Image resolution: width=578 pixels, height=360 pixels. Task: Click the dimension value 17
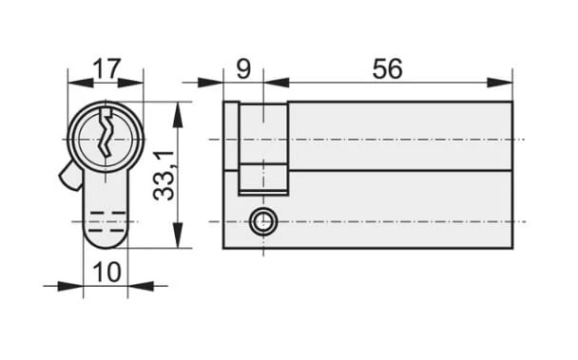tap(106, 68)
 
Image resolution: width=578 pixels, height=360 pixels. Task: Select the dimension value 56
tap(387, 69)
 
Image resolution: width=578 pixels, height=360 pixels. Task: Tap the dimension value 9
tap(243, 68)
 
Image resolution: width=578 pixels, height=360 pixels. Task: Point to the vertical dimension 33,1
tap(164, 175)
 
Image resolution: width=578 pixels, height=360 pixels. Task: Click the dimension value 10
tap(106, 272)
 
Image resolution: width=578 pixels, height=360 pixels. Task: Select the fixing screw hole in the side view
tap(262, 222)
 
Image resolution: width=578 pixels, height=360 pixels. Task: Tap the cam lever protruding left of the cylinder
tap(69, 176)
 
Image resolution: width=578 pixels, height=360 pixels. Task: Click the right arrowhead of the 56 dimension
tap(499, 83)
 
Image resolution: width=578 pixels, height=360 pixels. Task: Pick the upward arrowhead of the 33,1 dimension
tap(178, 115)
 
